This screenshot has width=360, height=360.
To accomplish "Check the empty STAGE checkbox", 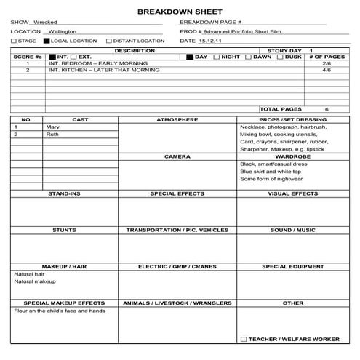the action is point(14,41).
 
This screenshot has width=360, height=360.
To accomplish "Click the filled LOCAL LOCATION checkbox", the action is point(47,41).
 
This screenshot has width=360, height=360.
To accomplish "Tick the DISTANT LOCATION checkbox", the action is point(109,41).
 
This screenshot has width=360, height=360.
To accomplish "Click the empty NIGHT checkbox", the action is point(217,57).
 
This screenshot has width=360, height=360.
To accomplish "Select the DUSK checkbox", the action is point(281,57).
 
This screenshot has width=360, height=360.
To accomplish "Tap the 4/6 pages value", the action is point(327,71).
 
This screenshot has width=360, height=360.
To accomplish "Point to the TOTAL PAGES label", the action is point(279,109).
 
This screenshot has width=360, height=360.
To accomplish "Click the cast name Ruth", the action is point(53,135).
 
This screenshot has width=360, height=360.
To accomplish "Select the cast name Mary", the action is point(53,127).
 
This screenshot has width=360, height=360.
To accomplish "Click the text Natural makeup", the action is point(35,281).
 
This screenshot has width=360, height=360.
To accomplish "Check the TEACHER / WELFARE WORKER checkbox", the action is point(243,339).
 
